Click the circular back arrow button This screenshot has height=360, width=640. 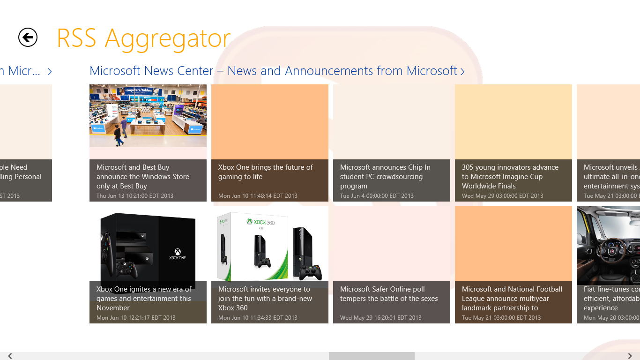tap(28, 37)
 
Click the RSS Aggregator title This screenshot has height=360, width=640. tap(143, 38)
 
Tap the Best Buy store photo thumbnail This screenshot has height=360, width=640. tap(148, 116)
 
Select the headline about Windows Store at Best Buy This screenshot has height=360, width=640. tap(143, 177)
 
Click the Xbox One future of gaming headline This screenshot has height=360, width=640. tap(265, 172)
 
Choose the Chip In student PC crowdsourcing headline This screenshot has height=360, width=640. tap(385, 177)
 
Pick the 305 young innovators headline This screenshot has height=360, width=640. tap(510, 177)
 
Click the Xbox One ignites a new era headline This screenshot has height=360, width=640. tap(144, 299)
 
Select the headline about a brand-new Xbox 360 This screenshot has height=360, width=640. tap(265, 299)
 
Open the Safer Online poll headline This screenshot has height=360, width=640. tap(389, 294)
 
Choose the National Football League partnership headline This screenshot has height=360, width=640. tap(512, 299)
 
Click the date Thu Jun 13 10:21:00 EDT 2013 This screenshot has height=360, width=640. tap(135, 196)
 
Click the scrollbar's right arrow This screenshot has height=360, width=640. tap(630, 356)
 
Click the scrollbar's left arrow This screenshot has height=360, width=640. tap(10, 356)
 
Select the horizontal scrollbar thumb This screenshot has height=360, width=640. tap(372, 356)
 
